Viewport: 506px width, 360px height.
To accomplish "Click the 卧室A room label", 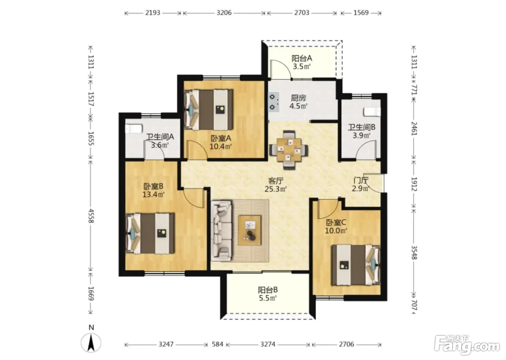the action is click(221, 138).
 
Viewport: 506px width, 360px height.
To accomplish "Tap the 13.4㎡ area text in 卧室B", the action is click(153, 194).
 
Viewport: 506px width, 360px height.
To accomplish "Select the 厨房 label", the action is click(299, 98).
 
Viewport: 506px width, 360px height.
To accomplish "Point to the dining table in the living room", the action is click(289, 150).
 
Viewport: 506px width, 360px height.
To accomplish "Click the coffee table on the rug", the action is click(250, 230).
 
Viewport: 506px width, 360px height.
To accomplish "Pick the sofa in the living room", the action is click(222, 231).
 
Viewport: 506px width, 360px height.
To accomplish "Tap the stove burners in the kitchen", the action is click(274, 102).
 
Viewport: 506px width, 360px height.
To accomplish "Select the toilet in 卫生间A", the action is click(134, 129).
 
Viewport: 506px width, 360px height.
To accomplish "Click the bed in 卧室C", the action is click(356, 265).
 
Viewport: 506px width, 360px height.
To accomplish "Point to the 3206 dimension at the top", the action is click(224, 13).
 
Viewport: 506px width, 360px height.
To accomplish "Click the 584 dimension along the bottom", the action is click(217, 344).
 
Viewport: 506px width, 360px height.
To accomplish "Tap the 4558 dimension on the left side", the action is click(91, 216).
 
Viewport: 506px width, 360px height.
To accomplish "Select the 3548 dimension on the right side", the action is click(414, 253).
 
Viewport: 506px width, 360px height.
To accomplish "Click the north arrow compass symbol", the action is click(91, 340).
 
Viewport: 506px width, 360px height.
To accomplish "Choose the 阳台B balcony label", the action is click(268, 290).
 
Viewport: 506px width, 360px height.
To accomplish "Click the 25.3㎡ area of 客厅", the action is click(275, 189).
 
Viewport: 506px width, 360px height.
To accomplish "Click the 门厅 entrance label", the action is click(361, 180).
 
